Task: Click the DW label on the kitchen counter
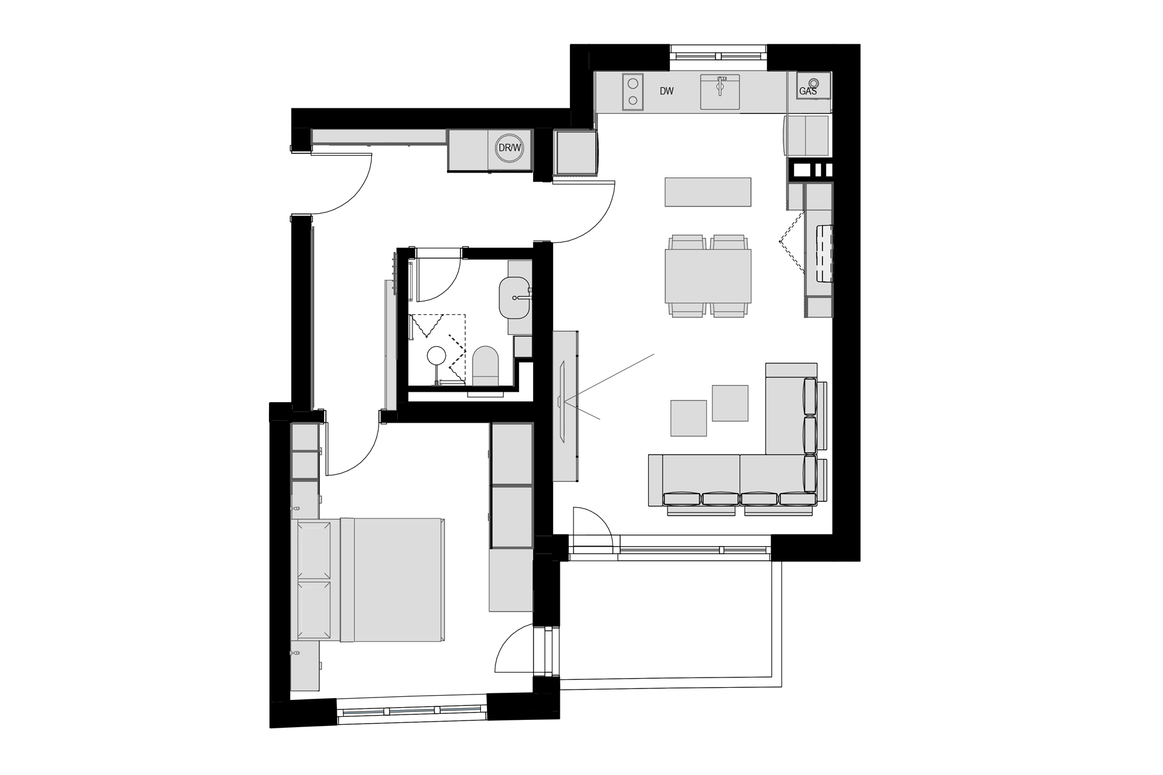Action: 666,91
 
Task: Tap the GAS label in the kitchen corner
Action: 808,91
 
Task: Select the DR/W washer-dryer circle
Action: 509,148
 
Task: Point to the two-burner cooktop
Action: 633,91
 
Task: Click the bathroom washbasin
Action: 514,297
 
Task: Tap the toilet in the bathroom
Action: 485,366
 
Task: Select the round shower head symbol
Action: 436,356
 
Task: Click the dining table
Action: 707,276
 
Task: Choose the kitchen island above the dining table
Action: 707,192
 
